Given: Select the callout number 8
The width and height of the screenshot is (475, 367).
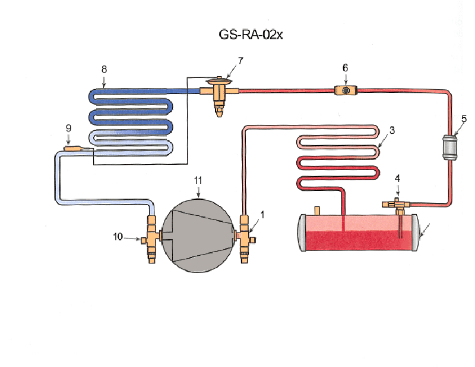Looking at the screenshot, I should pos(104,70).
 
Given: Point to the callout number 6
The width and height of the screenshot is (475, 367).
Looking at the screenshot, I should pos(345,67).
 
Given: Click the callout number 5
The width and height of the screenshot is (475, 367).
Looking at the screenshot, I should pos(464,118).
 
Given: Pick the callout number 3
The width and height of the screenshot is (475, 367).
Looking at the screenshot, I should pos(392,129).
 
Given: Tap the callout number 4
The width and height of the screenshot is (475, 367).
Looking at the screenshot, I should pos(397,177).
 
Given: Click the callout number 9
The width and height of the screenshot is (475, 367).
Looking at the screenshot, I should pos(68,127).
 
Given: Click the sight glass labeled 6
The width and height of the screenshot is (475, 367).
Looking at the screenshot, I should pos(344,90).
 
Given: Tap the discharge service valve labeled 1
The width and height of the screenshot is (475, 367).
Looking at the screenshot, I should pos(245,237).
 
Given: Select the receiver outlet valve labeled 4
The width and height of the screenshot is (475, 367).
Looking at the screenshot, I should pos(397,205).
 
